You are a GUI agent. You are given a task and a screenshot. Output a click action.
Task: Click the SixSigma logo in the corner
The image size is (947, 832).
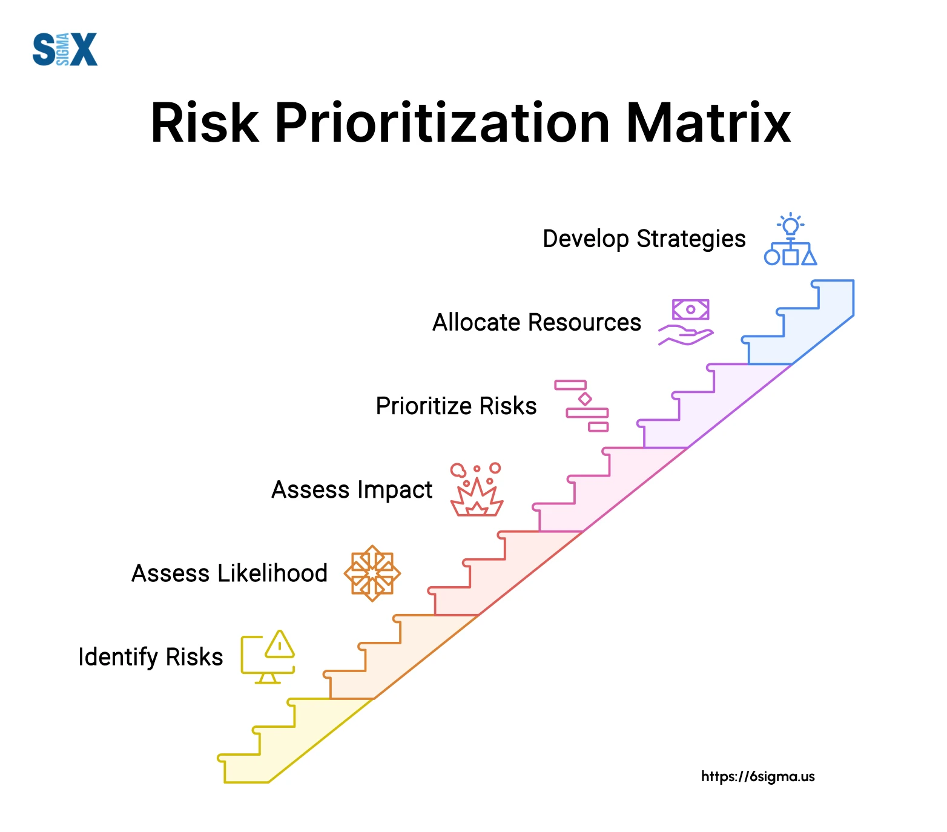coord(65,49)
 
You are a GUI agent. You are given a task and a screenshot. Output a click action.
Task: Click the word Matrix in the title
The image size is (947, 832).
coord(708,123)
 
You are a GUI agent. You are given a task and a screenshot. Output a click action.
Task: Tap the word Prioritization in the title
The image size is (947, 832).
coord(442,123)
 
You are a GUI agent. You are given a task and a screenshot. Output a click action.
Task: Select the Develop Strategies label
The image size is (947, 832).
coord(644,239)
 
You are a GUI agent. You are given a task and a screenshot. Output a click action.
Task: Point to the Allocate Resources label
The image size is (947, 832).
coord(536,322)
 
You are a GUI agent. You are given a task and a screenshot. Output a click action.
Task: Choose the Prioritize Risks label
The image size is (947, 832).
coord(456,406)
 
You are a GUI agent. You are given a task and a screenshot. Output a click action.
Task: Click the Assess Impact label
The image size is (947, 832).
coord(352,490)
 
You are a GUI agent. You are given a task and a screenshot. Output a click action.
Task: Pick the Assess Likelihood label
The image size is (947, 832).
coord(229,573)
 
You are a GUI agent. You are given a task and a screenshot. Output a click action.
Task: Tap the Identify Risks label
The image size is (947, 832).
coord(151,657)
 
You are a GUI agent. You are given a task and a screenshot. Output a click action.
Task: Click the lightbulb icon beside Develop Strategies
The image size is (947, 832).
coord(790,226)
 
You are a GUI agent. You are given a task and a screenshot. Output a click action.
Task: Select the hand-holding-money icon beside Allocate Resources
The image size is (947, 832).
coord(686,322)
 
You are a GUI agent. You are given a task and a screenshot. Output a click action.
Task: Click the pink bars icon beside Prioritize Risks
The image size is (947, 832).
coord(582,406)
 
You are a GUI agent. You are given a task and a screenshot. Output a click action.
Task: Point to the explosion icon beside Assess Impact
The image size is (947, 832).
coord(477,490)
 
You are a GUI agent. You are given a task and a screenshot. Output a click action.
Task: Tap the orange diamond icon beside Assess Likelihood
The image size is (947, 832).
coord(372,573)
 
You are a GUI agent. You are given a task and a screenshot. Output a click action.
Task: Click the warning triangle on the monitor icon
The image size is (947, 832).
coord(280,644)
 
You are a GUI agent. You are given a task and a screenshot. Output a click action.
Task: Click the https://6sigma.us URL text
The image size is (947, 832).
coord(758,776)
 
